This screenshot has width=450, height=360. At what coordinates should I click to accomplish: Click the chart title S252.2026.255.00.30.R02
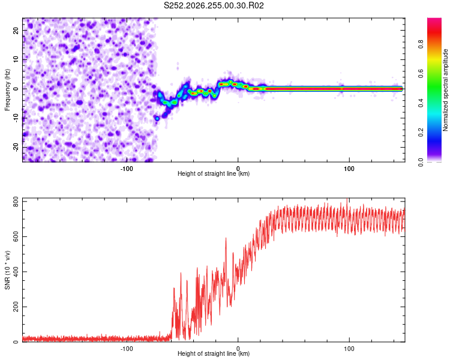point(214,5)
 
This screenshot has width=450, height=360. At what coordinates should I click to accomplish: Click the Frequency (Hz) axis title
point(7,90)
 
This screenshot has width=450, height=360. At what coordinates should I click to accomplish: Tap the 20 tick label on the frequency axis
point(16,30)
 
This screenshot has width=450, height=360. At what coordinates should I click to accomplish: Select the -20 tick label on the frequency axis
point(16,148)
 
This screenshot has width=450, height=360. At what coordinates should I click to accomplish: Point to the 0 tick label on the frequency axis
point(16,89)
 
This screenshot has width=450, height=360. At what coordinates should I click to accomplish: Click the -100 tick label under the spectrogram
point(127,169)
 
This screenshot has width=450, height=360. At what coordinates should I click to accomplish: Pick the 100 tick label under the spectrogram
point(349,169)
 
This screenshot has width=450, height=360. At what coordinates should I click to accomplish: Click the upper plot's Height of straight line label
point(214,173)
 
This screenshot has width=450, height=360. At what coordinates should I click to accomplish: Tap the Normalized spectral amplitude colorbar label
point(445,90)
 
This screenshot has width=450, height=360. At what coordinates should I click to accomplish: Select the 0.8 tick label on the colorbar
point(421,44)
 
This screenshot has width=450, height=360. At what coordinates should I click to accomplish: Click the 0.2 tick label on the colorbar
point(421,133)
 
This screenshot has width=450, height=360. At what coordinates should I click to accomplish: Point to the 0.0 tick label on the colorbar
point(421,163)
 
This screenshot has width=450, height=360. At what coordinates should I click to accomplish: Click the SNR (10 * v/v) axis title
point(7,270)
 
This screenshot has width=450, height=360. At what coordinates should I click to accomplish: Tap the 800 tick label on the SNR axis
point(16,202)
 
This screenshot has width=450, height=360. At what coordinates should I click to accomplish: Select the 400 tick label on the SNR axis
point(16,272)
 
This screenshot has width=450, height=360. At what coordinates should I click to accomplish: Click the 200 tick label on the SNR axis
point(16,307)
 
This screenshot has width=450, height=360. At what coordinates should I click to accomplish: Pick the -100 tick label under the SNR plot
point(127,349)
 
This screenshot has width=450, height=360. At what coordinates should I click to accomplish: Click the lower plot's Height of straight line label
point(214,353)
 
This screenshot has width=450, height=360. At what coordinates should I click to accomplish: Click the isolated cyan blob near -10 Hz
point(157,118)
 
